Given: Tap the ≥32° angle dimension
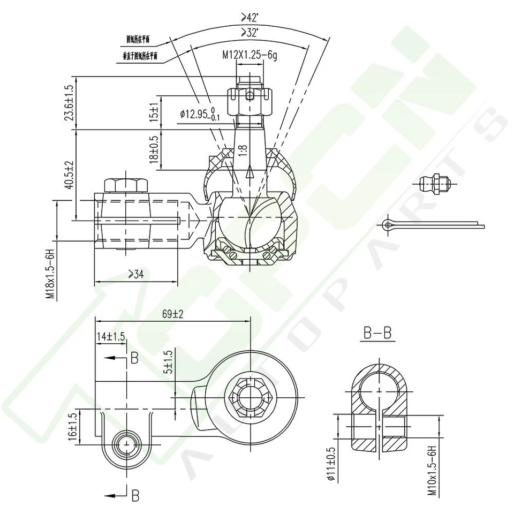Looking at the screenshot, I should point(250,33).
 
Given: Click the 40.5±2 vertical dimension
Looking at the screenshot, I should point(69,174).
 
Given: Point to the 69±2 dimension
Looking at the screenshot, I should point(172,314).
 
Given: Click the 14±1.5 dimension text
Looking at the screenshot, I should point(111,336).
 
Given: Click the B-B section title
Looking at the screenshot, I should point(378,333).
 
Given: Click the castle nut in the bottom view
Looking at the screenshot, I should point(251,398).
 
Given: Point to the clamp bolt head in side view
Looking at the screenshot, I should point(125,185).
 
